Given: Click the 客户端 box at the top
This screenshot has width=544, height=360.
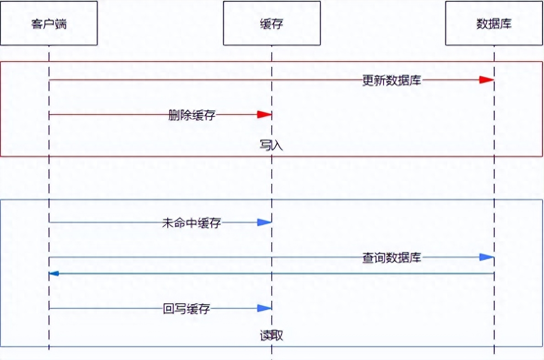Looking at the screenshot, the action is tap(48, 23).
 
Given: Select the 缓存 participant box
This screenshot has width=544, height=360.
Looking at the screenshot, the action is tap(272, 23).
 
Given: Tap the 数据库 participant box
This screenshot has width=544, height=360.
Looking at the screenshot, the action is tap(494, 23).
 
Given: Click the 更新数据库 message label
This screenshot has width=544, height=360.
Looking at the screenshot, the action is tap(392, 80).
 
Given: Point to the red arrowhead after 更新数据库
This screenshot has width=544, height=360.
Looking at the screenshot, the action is tap(487, 80).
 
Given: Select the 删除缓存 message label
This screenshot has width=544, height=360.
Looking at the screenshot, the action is tap(192, 115).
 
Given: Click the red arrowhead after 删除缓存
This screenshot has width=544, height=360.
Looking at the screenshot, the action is tap(264, 115).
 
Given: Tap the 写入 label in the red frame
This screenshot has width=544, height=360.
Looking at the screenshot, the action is tap(271, 145).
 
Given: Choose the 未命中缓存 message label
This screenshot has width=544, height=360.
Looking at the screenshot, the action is tap(192, 222).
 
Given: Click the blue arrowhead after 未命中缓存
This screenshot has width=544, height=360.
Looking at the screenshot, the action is tap(264, 222).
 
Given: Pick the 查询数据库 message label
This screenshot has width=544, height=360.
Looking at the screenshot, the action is tap(392, 258).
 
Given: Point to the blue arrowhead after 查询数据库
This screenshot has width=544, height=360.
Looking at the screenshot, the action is tap(487, 257).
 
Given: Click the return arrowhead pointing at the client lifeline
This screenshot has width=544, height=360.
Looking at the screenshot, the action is tap(54, 274).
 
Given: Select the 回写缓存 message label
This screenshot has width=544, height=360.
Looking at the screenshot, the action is tap(187, 309).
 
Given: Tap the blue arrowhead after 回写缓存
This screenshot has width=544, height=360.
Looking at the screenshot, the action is tap(264, 308).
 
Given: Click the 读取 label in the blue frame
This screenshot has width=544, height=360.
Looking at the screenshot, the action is tap(271, 335).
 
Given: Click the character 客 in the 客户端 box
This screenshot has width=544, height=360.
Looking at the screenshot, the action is tap(37, 24).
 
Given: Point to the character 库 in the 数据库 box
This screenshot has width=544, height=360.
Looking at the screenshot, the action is tap(506, 24).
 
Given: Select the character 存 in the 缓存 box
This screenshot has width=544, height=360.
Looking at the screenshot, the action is tap(277, 24).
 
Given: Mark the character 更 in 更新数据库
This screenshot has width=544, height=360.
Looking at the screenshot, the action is tap(368, 80).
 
